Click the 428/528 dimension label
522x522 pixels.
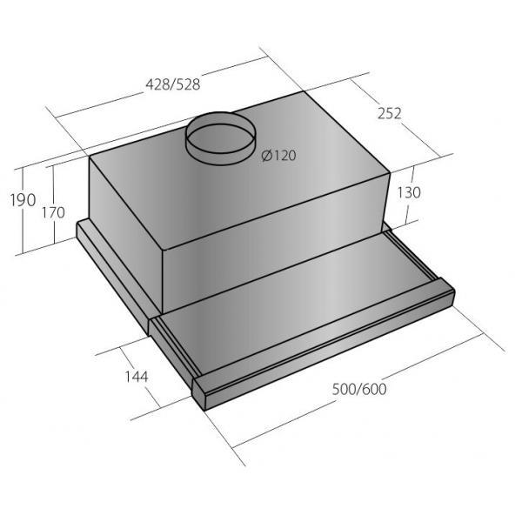pos(173,84)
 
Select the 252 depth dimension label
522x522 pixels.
pos(390,113)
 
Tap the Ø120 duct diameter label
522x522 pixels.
pos(279,156)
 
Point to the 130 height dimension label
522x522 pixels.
pos(409,192)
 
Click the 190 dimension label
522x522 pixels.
pos(23,200)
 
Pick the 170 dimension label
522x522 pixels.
pos(53,213)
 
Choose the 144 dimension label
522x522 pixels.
pos(137,377)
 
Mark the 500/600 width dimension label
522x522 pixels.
pos(359,389)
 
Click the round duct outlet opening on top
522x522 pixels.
pos(221,138)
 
